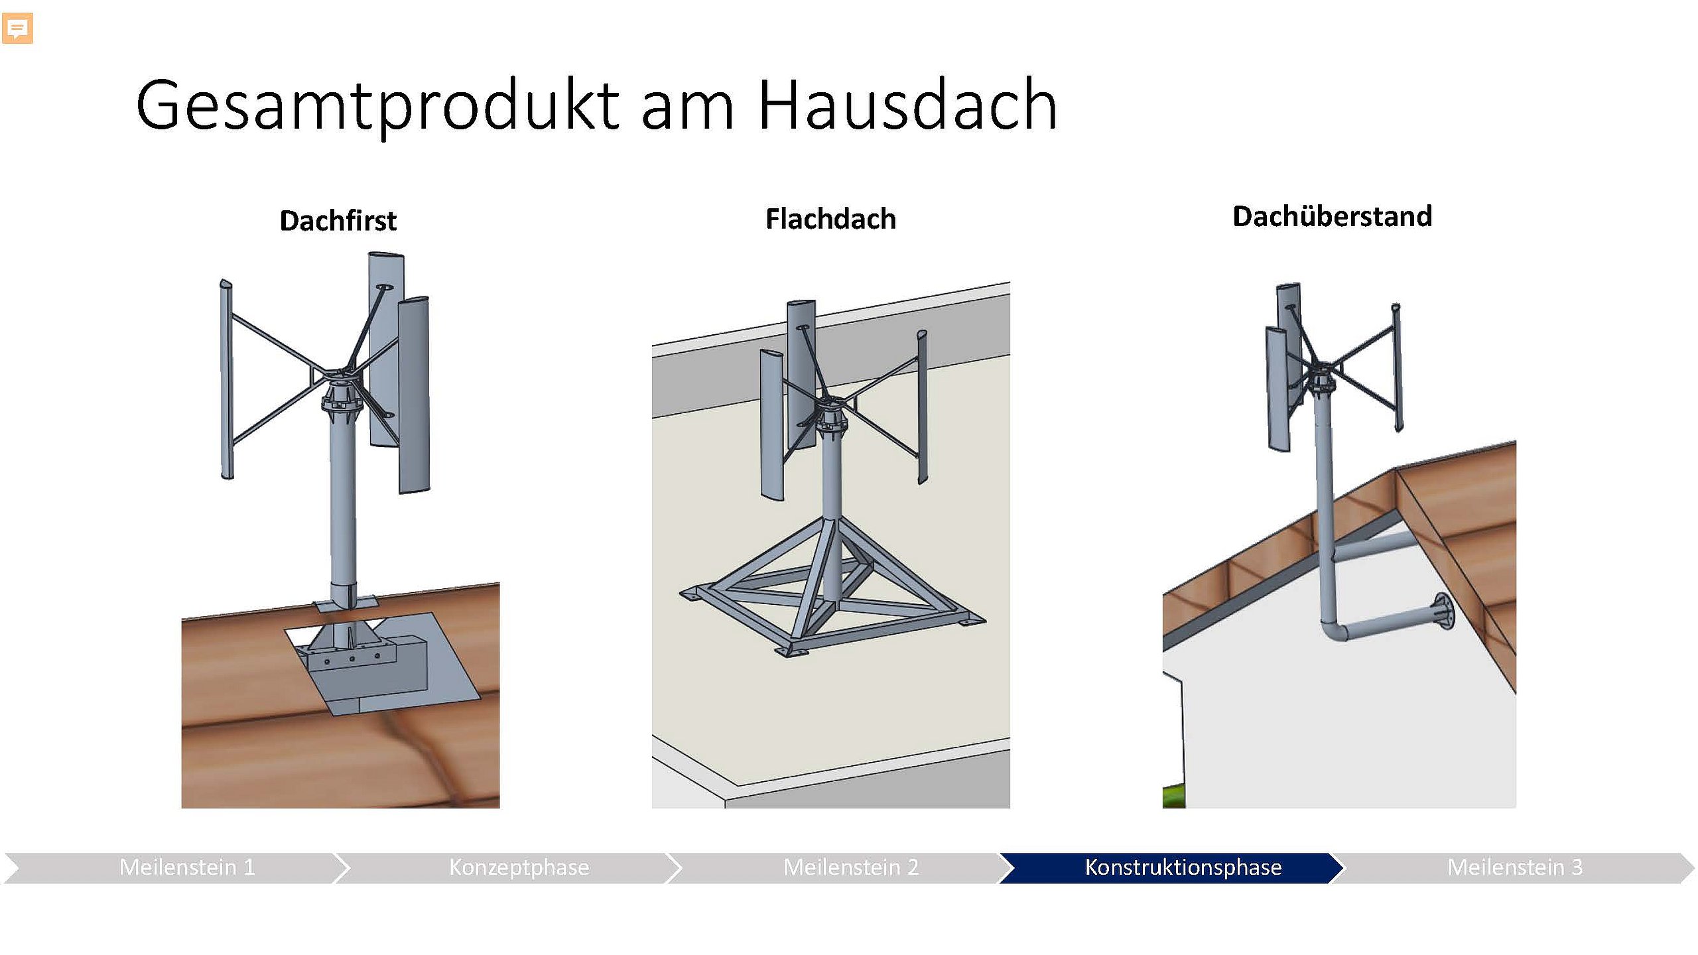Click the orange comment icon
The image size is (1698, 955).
(17, 29)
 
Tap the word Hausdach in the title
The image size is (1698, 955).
(907, 104)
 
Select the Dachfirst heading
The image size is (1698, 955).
(338, 221)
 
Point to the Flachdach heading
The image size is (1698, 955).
(830, 219)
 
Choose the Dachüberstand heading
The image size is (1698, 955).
(1332, 216)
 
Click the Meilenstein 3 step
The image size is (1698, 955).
(1515, 867)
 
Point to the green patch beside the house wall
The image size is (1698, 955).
(1173, 796)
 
